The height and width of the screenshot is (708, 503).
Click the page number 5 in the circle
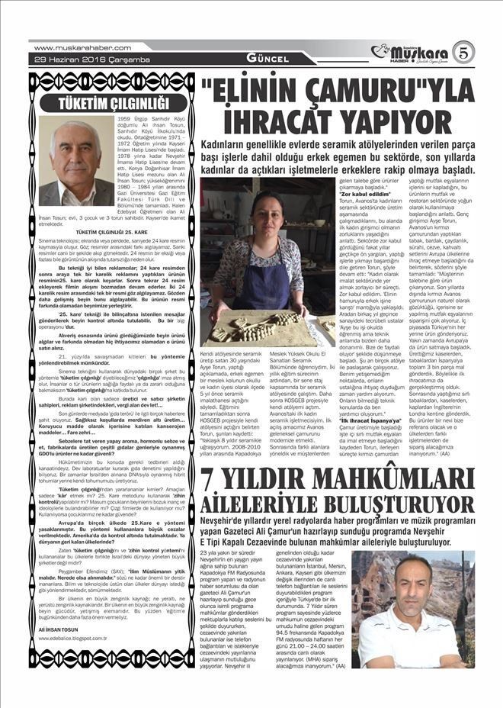463,52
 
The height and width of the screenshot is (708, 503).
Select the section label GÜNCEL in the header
248,59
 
